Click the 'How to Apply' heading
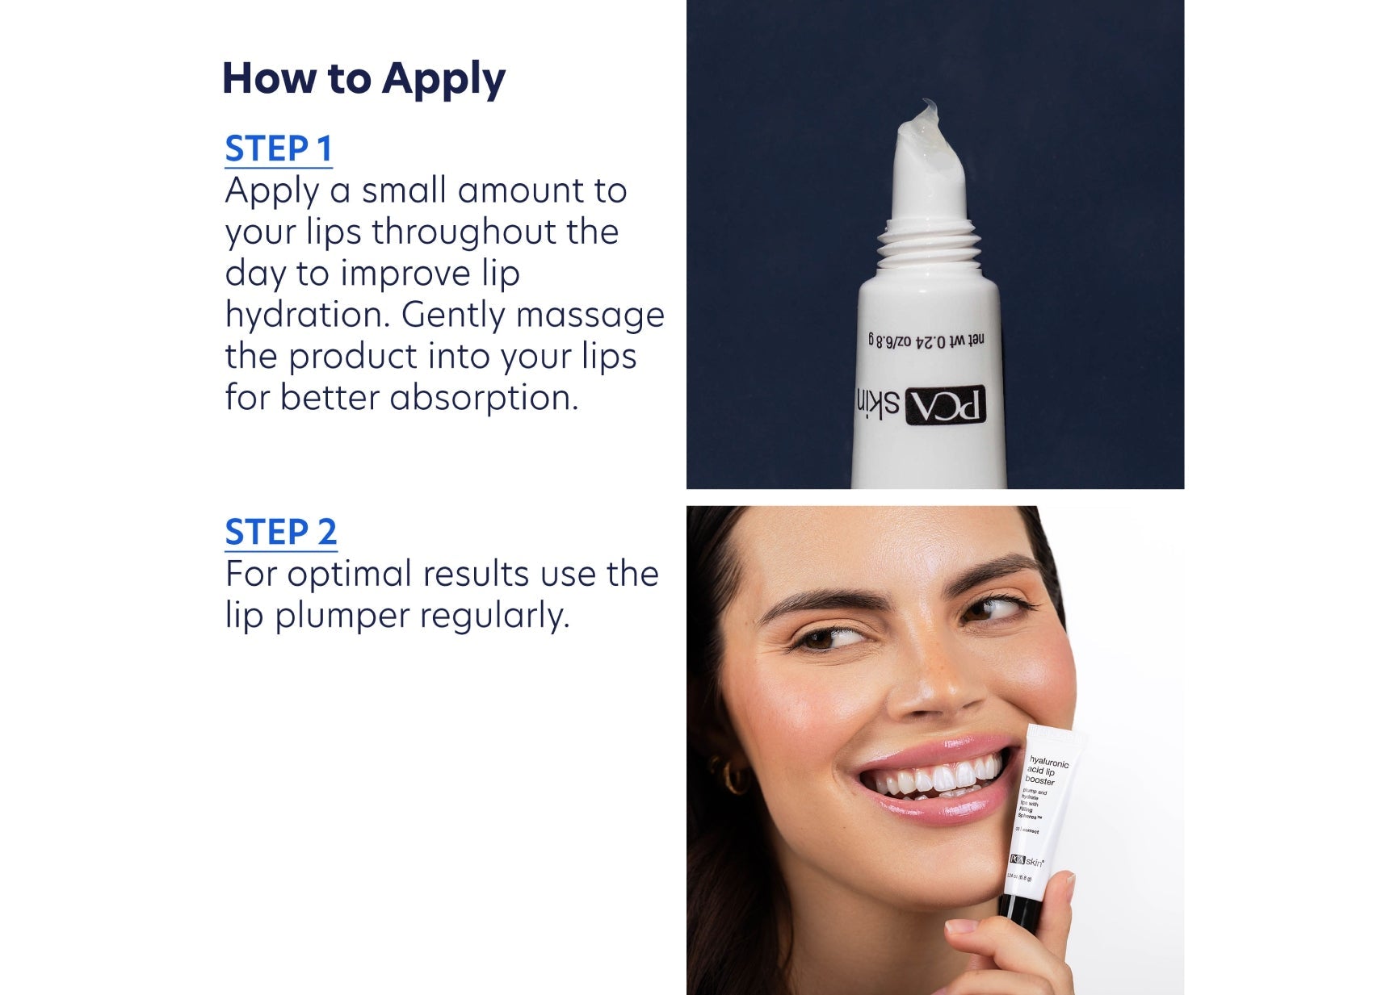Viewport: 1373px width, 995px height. coord(363,79)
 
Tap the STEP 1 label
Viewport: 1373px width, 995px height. coord(278,149)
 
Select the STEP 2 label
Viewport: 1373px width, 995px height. coord(280,533)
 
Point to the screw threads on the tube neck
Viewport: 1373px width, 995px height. coord(926,242)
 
